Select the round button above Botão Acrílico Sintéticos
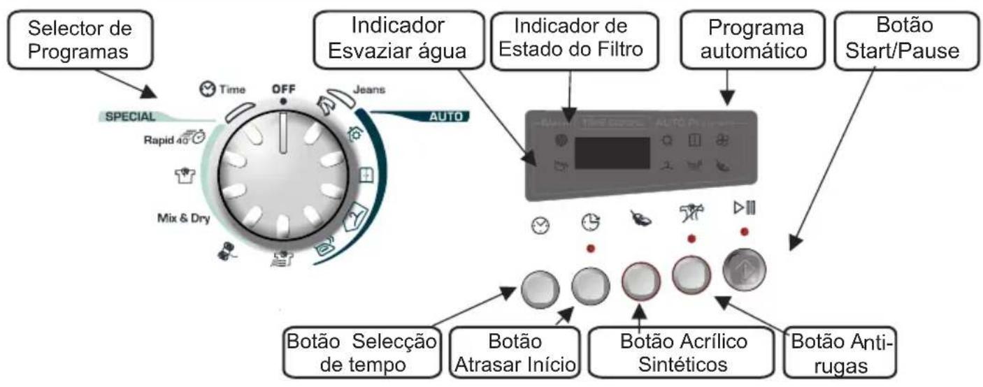pyautogui.click(x=641, y=282)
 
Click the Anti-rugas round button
pyautogui.click(x=691, y=276)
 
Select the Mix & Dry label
pyautogui.click(x=183, y=217)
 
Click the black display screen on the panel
pyautogui.click(x=612, y=152)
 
